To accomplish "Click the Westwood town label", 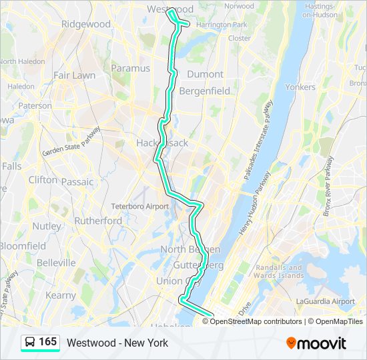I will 169,9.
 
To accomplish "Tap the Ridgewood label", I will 85,24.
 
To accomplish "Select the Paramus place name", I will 131,68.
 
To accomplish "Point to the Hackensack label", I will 162,143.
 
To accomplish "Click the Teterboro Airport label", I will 140,207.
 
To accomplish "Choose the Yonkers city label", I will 300,87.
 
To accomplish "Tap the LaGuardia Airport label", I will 325,301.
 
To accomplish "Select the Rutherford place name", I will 98,221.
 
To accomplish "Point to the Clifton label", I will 43,180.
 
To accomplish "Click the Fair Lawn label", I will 75,75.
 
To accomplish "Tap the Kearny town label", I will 61,295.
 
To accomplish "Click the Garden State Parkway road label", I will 71,141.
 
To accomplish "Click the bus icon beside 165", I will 31,342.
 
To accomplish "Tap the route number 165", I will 48,342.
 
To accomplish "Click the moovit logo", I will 316,343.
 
